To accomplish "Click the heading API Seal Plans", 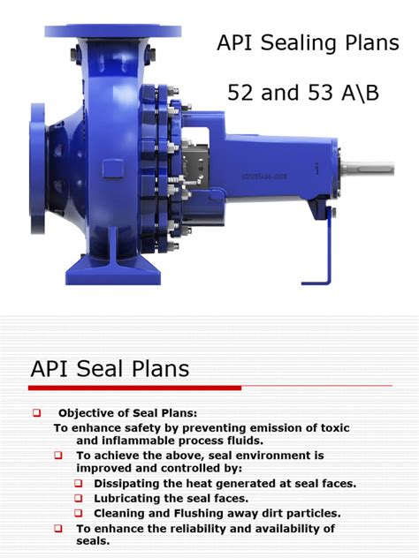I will [x=110, y=368].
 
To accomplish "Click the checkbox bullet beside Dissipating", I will [x=78, y=484].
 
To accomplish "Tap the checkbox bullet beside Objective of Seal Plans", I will [x=37, y=413].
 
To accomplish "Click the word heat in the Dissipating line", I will [x=215, y=484].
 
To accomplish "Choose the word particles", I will [x=309, y=512].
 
